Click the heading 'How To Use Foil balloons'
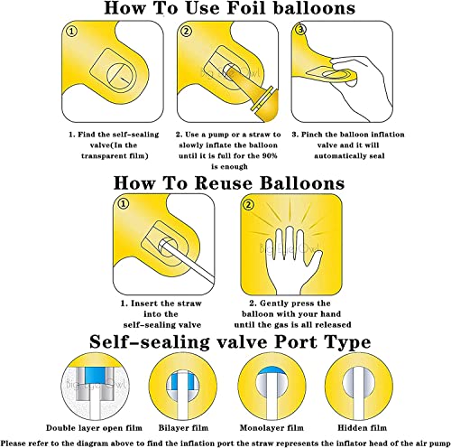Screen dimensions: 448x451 tap(225, 10)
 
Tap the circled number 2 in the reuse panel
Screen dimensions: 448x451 tap(248, 207)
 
